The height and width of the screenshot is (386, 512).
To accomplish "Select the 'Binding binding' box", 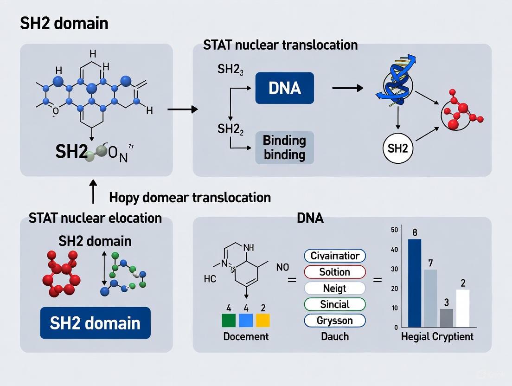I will pos(284,148).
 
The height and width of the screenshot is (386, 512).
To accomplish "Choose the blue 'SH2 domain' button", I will pos(95,322).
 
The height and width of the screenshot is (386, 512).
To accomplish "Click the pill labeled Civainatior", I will pos(335,256).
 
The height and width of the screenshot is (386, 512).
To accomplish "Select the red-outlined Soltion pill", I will pos(335,272).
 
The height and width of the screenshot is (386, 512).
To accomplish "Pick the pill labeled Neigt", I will pos(335,288).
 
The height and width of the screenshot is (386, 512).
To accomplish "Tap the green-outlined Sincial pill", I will pos(335,304).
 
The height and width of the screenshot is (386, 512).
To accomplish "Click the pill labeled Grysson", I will pos(335,320).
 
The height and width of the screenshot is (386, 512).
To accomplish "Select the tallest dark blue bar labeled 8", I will pos(414,283).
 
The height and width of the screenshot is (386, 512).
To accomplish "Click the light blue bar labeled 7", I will pos(430,298).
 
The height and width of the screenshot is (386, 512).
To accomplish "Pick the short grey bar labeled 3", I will pos(446,318).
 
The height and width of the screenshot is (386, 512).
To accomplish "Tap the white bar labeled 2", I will pos(462,308).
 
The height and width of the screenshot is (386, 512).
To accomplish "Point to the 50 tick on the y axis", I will pos(395,230).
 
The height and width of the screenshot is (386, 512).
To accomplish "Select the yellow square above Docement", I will pos(262,321).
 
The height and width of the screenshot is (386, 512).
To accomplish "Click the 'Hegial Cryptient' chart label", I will pos(437,337).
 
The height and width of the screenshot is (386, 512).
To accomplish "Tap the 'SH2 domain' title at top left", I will pos(64,23).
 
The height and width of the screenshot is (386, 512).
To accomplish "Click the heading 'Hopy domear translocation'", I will pos(190,197).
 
